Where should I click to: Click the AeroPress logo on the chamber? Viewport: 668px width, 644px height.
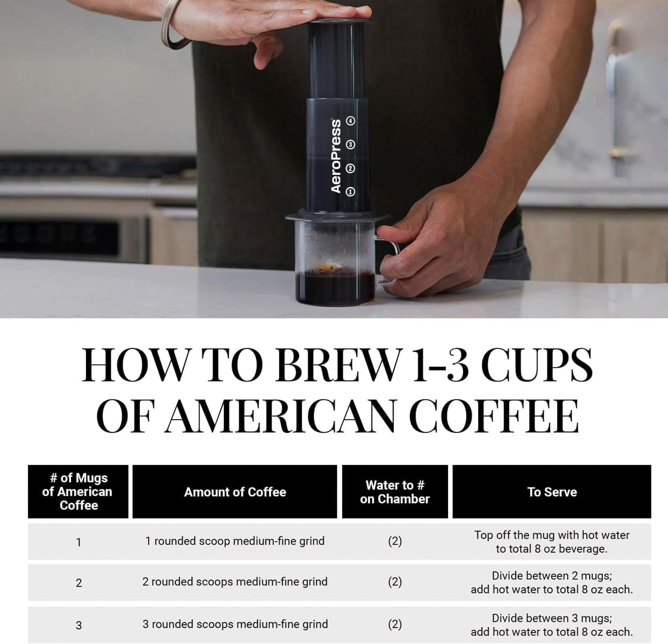tap(336, 156)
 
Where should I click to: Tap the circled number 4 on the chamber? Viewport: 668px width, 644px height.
tap(351, 121)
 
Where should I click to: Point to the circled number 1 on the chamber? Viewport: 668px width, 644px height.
tap(350, 192)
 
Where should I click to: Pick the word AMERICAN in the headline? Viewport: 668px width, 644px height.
tap(281, 415)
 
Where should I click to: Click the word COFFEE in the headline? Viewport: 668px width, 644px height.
tap(494, 415)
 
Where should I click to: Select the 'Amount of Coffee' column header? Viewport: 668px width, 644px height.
tap(235, 492)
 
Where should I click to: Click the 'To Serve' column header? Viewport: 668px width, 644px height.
tap(552, 492)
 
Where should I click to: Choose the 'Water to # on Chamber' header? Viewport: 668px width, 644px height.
tap(395, 492)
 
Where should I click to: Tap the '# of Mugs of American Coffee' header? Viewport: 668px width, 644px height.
tap(78, 492)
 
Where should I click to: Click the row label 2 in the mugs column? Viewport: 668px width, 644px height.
tap(79, 583)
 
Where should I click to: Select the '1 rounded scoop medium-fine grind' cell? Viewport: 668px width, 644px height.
tap(235, 541)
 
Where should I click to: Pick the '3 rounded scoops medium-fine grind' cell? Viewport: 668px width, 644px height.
tap(235, 624)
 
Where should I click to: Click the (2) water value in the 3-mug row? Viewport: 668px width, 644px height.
tap(395, 624)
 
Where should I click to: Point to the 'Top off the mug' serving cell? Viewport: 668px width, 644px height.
tap(552, 541)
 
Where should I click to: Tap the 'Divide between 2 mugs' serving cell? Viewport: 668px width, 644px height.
tap(552, 582)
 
